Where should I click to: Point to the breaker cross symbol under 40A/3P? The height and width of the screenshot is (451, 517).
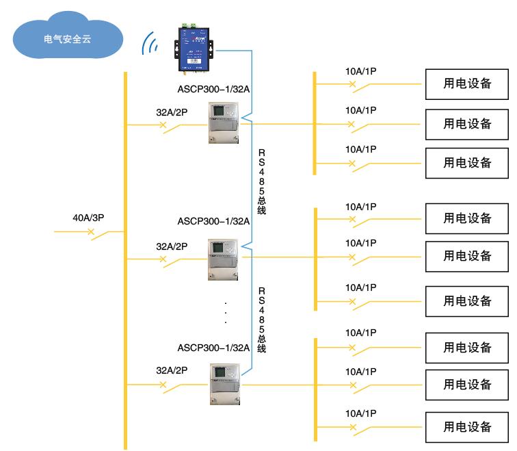(x=91, y=232)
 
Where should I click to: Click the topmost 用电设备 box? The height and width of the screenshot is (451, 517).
(x=467, y=84)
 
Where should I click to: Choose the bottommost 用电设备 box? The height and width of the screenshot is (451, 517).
(x=467, y=427)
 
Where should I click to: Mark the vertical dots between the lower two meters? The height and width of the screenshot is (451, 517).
(x=226, y=311)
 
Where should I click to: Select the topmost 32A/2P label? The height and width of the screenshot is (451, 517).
(x=172, y=111)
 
